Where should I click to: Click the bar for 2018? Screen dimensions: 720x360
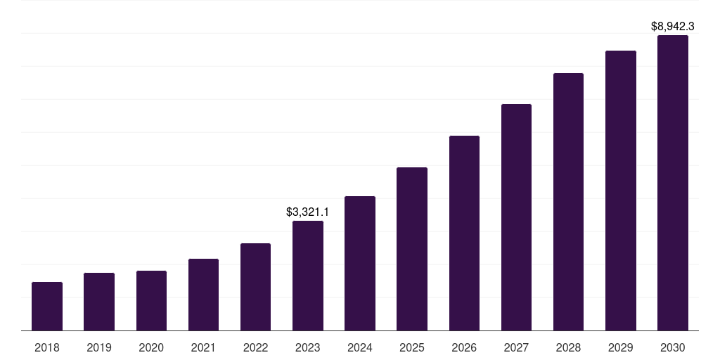[x=47, y=307]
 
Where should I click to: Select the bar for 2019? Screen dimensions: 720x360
[x=99, y=302]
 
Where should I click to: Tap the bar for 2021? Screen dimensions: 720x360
[x=203, y=295]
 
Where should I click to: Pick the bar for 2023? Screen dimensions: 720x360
[x=308, y=276]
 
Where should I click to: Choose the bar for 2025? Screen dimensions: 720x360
[x=412, y=249]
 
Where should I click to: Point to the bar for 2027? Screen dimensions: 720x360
[x=516, y=217]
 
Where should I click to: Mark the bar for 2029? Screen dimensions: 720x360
[x=621, y=191]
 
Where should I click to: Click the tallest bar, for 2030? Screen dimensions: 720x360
[x=673, y=183]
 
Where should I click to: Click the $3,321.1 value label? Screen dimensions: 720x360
[x=308, y=212]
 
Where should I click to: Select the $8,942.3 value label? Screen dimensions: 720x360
[x=673, y=26]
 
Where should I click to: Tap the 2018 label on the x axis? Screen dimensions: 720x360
[x=47, y=347]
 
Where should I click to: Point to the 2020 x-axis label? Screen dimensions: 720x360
[x=151, y=347]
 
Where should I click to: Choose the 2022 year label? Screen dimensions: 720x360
[x=255, y=347]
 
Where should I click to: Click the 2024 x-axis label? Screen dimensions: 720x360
[x=359, y=347]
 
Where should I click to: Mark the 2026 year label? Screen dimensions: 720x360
[x=464, y=347]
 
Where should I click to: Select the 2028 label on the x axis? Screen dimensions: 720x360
[x=568, y=347]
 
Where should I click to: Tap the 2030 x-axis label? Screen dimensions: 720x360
[x=673, y=347]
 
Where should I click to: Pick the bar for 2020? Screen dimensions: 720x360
[x=152, y=301]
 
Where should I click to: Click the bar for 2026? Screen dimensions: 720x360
[x=464, y=233]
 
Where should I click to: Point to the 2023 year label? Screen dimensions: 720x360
[x=308, y=347]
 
